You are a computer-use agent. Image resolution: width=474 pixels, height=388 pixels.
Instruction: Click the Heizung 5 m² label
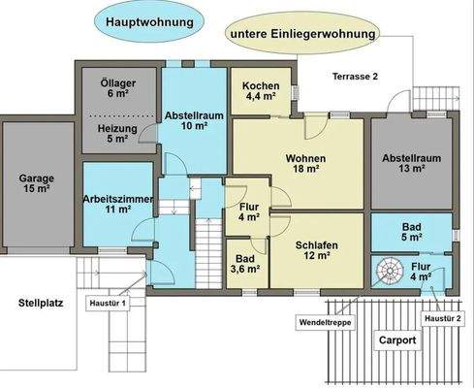click(x=119, y=133)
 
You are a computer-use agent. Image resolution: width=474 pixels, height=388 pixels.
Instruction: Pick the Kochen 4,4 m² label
click(x=261, y=90)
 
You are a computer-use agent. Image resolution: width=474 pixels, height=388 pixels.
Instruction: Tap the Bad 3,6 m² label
click(x=244, y=264)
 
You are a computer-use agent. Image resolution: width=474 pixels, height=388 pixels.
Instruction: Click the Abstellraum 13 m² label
click(x=410, y=162)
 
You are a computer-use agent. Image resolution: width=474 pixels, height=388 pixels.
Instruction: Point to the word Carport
click(x=398, y=340)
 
